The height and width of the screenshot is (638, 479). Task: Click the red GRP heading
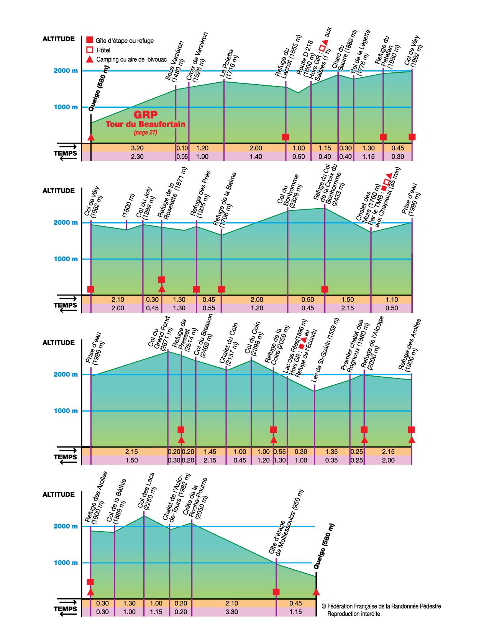tap(146, 115)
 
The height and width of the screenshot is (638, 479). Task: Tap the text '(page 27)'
tap(146, 133)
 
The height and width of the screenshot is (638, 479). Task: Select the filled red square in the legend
tap(89, 40)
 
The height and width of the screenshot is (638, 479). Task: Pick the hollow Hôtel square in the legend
tap(89, 50)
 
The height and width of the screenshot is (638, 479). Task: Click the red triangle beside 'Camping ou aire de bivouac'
tap(89, 59)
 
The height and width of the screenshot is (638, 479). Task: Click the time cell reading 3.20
tap(137, 148)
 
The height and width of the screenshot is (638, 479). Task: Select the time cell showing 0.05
tap(182, 156)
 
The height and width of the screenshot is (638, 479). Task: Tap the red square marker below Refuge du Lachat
tap(285, 137)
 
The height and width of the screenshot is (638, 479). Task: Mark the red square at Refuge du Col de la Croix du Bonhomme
tap(325, 289)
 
